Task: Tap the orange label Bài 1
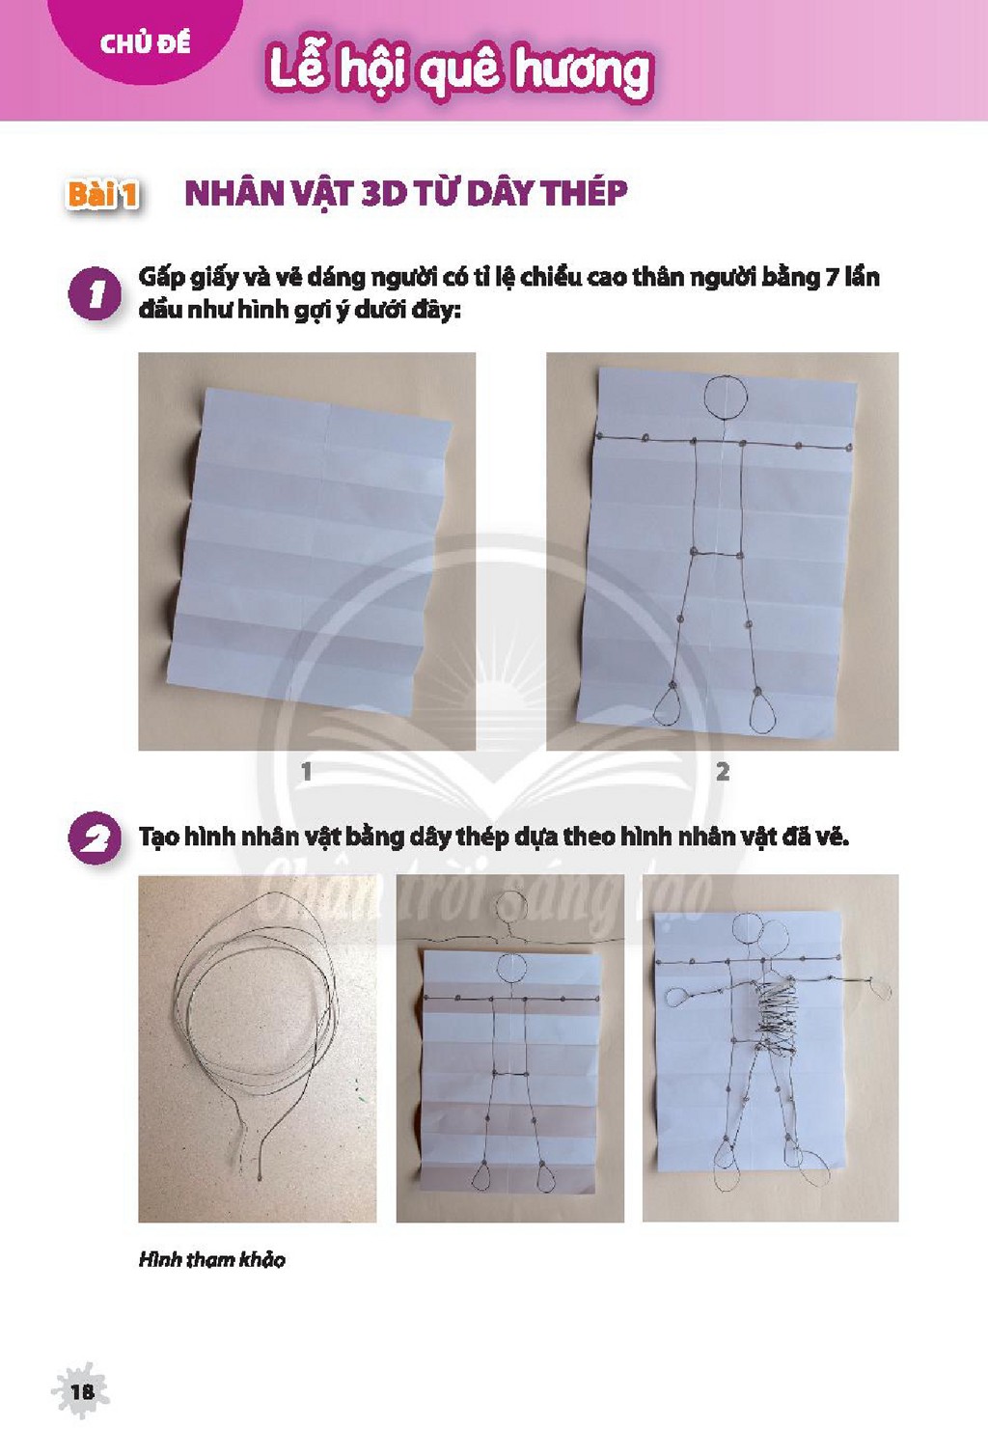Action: (x=102, y=194)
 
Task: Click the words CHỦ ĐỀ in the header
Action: (x=145, y=43)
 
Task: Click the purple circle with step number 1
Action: (x=95, y=293)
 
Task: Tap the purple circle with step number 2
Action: (x=95, y=837)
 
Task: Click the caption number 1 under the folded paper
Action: (x=307, y=772)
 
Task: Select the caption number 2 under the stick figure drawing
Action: (x=723, y=772)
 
